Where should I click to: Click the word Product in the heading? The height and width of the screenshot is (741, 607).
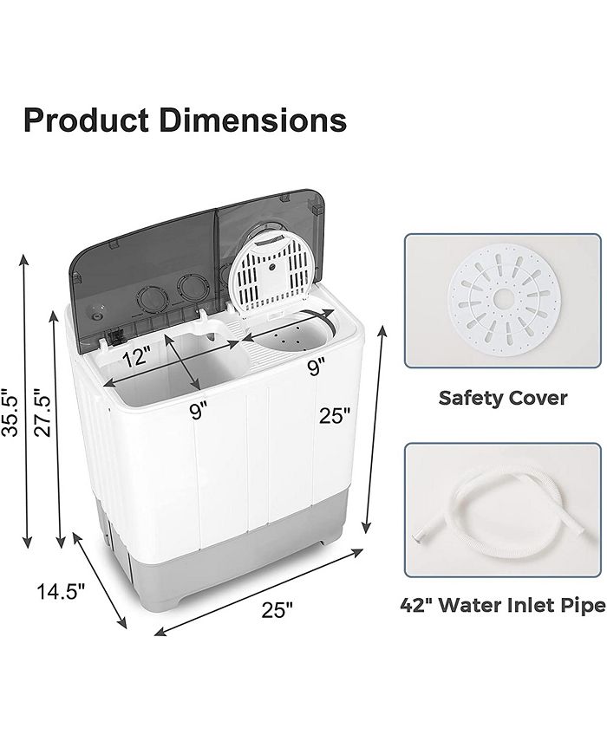pos(86,120)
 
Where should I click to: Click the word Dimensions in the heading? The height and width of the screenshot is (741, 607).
pos(253,120)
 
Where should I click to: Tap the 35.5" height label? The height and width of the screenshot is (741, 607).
pos(10,413)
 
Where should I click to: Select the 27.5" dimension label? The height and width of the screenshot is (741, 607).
pos(42,412)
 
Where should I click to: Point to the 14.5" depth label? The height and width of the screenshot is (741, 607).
pos(61,591)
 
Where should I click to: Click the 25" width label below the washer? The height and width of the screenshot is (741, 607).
pos(277,610)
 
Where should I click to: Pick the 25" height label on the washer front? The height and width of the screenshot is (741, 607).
pos(335,416)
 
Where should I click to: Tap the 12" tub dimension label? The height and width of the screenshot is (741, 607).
pos(137,357)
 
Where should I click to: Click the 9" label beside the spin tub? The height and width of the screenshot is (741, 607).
pos(317,367)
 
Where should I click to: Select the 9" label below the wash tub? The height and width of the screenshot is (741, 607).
pos(199,411)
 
